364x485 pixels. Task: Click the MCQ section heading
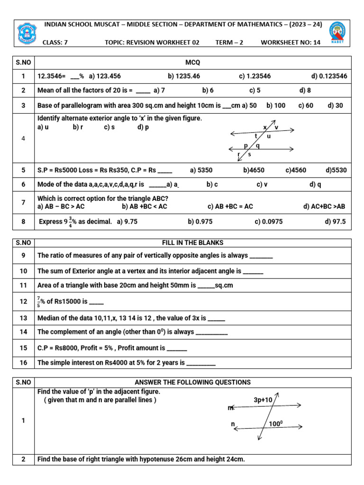tap(193, 63)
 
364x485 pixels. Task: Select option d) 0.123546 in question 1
tap(329, 76)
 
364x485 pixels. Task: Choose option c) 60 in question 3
tap(306, 106)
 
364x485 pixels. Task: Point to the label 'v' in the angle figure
tap(276, 127)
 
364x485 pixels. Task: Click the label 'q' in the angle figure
tap(257, 146)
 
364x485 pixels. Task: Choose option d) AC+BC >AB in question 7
tap(325, 207)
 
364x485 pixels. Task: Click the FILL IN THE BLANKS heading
tap(193, 242)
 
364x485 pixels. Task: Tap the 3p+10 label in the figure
tap(263, 400)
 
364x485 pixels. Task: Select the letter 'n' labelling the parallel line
tap(233, 424)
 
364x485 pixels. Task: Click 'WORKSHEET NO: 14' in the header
tap(291, 42)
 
